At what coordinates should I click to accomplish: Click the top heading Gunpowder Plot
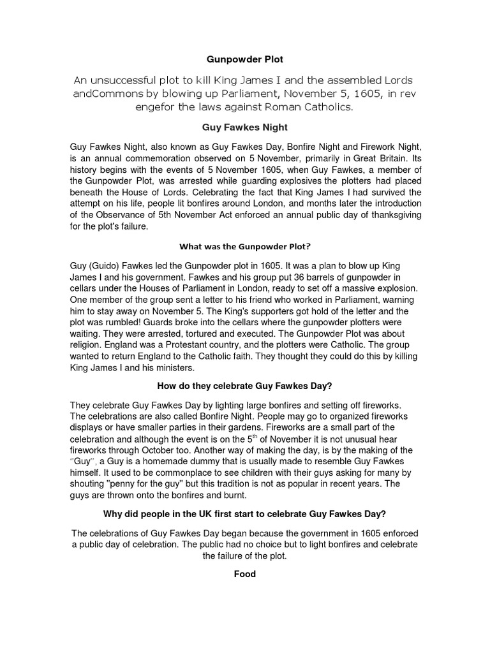click(x=245, y=59)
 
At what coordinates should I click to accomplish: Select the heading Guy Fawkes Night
click(x=245, y=127)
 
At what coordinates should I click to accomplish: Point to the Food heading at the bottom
click(x=245, y=574)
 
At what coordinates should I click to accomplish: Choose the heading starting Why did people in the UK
click(x=245, y=514)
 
